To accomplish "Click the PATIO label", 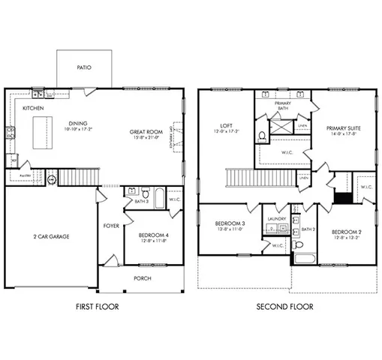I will click(84, 67).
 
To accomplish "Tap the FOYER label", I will click(111, 225).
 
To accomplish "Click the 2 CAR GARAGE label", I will click(51, 236).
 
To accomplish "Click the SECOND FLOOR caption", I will click(284, 307).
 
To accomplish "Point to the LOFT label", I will click(226, 125).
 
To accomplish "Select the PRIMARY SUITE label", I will click(343, 128).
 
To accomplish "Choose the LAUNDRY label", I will click(274, 220).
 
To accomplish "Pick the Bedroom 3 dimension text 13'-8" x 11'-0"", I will click(230, 230).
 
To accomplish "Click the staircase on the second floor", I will click(242, 178).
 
